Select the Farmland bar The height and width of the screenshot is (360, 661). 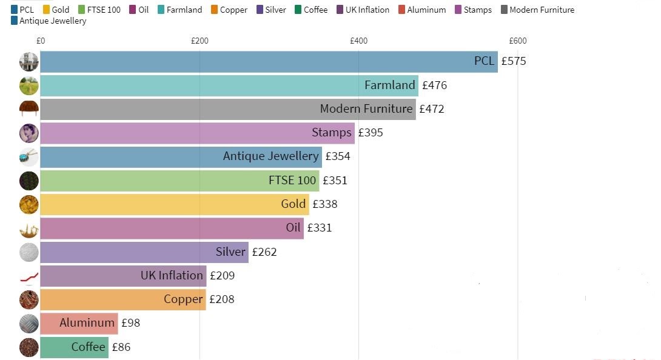(229, 85)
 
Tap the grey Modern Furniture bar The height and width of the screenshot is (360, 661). (227, 109)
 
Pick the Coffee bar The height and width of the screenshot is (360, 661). (74, 347)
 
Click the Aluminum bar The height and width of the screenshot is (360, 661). (79, 323)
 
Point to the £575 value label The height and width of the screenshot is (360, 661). (514, 61)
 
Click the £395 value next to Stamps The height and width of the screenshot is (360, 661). (371, 133)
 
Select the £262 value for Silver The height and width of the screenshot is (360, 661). (264, 252)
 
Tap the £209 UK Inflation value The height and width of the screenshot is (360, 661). (222, 276)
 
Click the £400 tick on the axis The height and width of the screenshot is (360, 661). (358, 41)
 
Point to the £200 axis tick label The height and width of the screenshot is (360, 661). (200, 41)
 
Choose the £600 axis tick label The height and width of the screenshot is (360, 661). (517, 41)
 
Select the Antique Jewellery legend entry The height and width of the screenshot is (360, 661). (49, 21)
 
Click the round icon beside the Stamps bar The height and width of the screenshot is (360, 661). (29, 133)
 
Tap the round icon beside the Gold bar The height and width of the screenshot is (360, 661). (29, 204)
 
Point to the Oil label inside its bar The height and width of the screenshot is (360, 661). (293, 228)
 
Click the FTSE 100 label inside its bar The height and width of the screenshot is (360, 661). (292, 180)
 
